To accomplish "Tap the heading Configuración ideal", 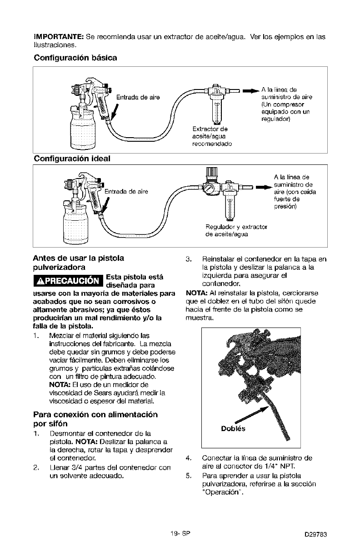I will [72, 159].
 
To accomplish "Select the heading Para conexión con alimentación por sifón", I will [83, 418].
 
